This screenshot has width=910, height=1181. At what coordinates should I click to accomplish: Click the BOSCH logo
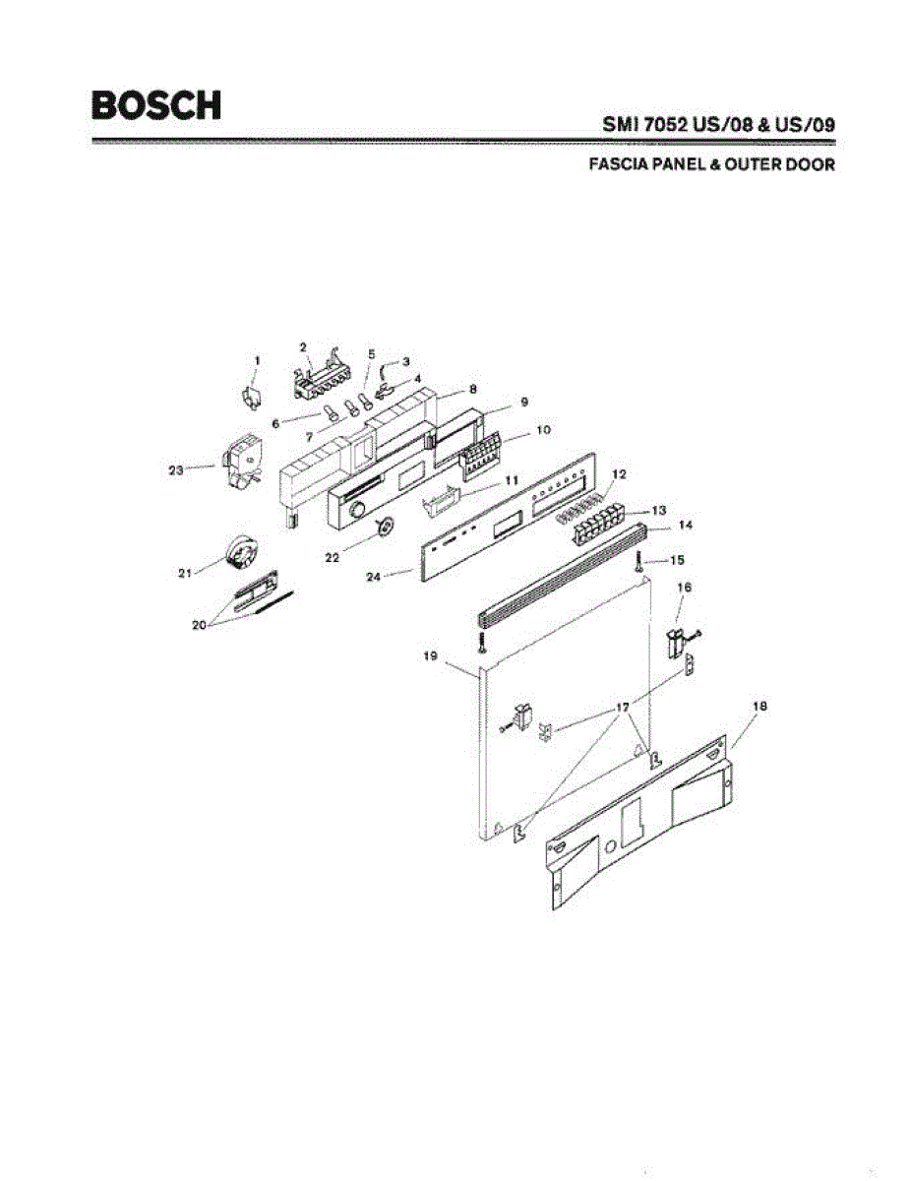(x=155, y=105)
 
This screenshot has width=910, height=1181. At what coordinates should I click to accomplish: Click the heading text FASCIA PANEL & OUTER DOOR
(x=711, y=165)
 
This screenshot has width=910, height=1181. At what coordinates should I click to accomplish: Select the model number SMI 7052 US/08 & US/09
(x=718, y=126)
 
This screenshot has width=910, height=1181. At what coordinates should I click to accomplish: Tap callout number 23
(x=176, y=470)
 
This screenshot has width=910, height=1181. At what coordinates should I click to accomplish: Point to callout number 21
(x=185, y=573)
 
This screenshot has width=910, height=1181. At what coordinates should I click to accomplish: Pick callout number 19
(x=430, y=656)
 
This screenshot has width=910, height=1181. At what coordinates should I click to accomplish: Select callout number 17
(x=622, y=708)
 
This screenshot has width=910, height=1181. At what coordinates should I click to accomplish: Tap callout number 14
(x=686, y=527)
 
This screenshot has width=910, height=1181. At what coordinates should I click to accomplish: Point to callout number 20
(x=200, y=625)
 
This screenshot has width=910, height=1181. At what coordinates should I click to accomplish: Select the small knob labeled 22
(x=385, y=528)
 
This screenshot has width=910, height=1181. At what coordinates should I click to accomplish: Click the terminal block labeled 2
(x=320, y=376)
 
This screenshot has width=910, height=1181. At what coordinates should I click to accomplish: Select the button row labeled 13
(x=597, y=524)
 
